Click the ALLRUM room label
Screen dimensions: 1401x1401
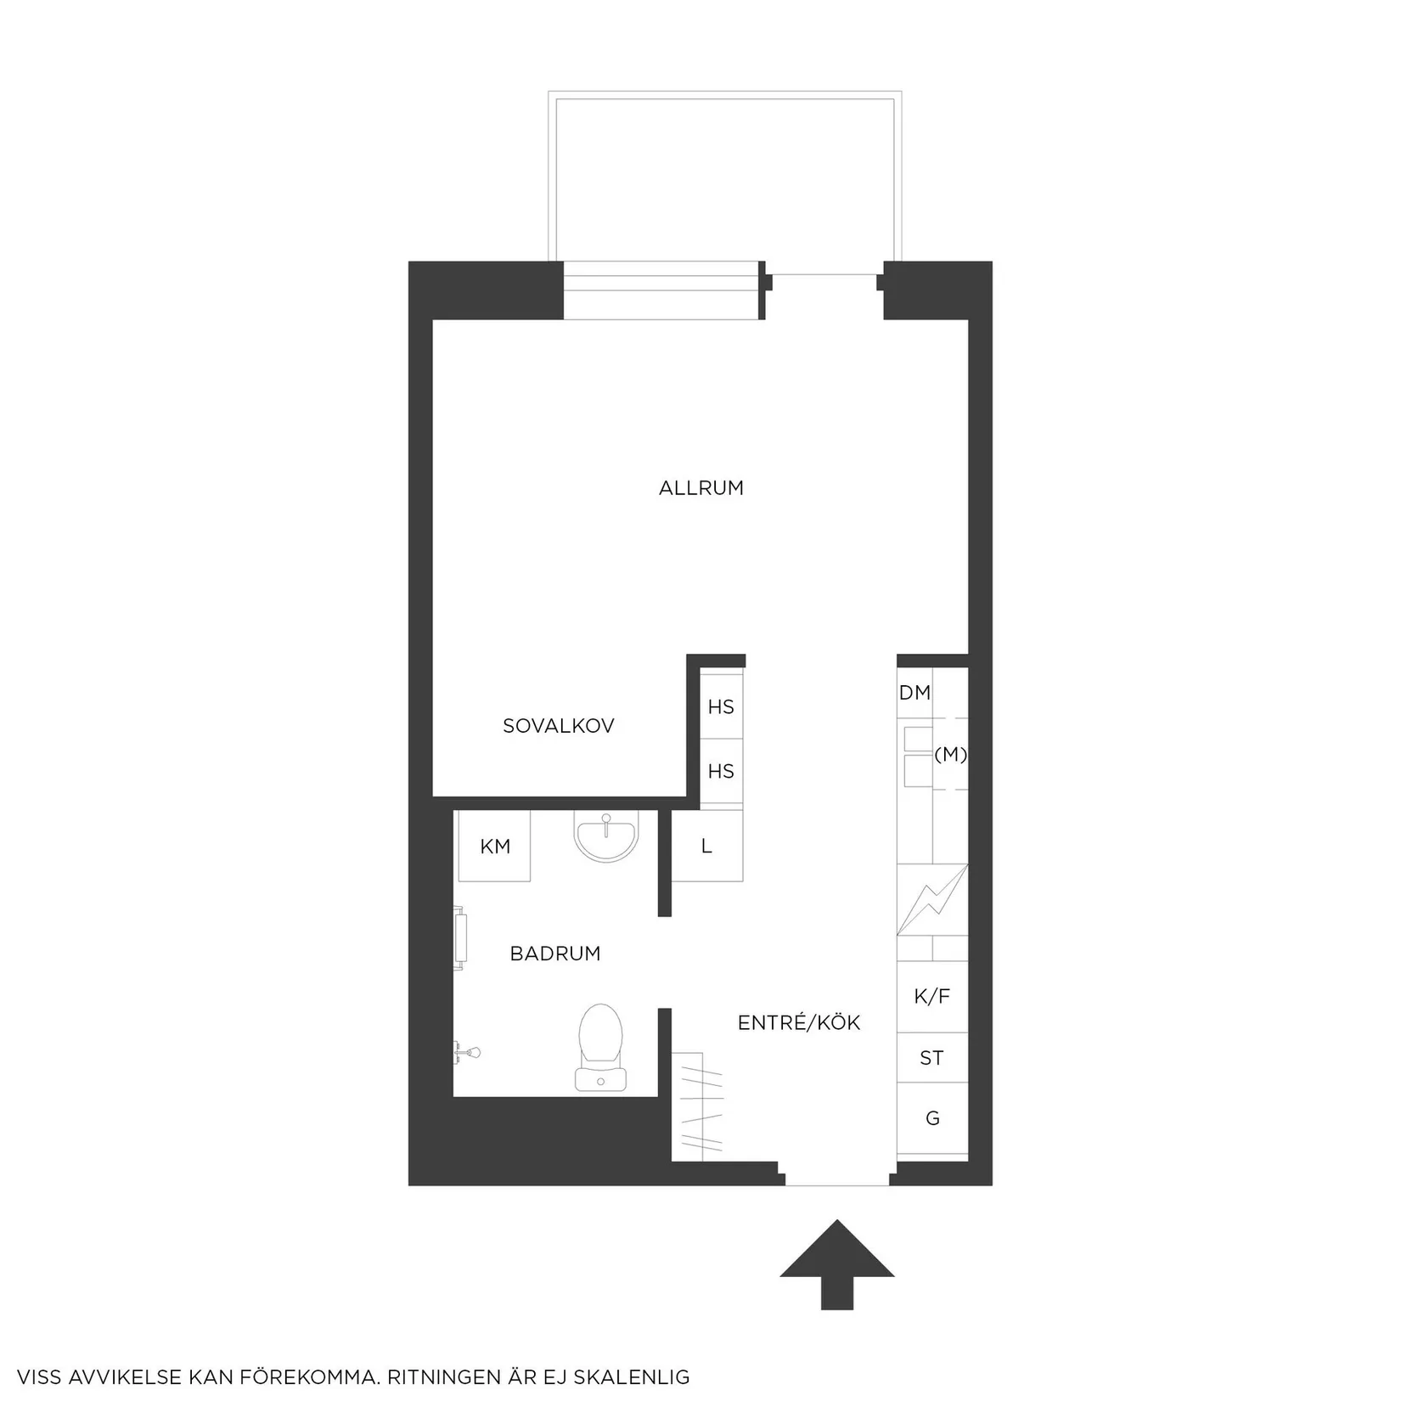click(x=700, y=488)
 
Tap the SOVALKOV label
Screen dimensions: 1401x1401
click(x=558, y=726)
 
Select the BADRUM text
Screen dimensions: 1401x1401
click(x=554, y=954)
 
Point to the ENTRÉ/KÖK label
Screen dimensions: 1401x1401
click(x=798, y=1023)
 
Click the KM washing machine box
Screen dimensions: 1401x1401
click(x=495, y=847)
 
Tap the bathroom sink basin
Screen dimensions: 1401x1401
click(x=605, y=836)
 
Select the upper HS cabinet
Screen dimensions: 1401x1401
click(x=721, y=706)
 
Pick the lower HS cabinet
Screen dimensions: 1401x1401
click(x=721, y=771)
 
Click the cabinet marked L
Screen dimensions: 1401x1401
click(x=706, y=847)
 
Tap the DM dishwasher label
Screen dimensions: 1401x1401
click(x=914, y=693)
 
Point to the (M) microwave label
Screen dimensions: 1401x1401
click(x=950, y=754)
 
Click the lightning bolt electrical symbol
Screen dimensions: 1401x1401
click(x=931, y=899)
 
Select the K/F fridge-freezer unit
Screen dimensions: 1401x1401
click(x=931, y=996)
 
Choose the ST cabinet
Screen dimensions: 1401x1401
click(x=931, y=1058)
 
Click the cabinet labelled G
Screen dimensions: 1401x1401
click(x=932, y=1118)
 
